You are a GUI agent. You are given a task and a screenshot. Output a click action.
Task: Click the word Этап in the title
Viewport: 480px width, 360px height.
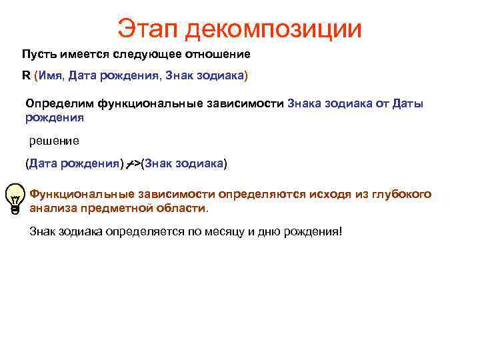tap(147, 28)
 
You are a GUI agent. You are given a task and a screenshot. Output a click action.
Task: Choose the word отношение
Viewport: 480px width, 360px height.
tap(217, 53)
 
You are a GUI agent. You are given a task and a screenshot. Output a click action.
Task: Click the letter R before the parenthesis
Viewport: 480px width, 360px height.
tap(25, 75)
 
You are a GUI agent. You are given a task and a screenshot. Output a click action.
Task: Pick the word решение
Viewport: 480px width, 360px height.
tap(55, 141)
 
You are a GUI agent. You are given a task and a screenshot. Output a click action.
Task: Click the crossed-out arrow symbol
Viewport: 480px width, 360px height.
tap(133, 163)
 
